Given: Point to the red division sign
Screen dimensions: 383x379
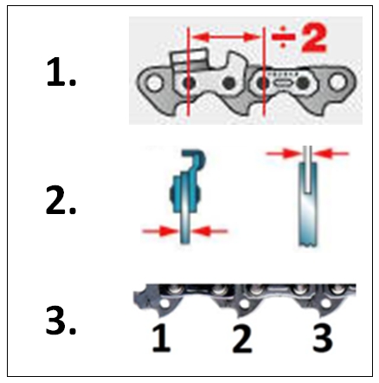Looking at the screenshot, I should pos(285,38).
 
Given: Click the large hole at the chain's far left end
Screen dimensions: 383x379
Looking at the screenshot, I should pos(153,85).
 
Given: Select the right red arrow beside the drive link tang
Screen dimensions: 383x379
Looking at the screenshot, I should pos(213,230).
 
